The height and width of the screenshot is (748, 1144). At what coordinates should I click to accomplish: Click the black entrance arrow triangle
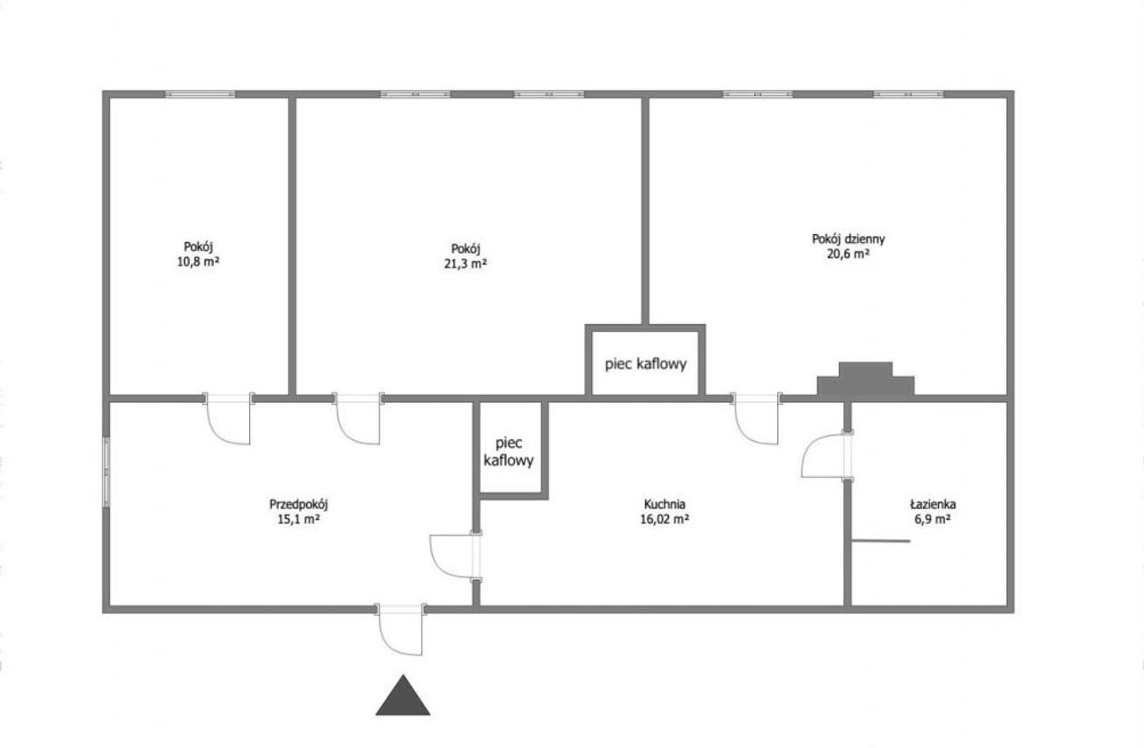[403, 695]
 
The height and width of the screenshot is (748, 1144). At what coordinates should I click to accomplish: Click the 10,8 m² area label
[198, 262]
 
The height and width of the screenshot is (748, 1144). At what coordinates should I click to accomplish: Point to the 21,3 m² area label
[466, 264]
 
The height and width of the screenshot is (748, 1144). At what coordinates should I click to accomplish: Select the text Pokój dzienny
[848, 239]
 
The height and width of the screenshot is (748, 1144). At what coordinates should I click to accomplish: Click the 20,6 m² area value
[848, 253]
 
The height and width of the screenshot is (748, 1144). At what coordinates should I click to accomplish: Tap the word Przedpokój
[299, 504]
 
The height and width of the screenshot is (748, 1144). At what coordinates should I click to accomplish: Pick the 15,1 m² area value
[299, 519]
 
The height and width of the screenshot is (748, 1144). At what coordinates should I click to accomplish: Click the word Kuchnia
[664, 504]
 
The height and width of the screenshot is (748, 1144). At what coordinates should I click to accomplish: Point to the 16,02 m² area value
[664, 519]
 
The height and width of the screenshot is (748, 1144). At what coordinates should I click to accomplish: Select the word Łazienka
[933, 504]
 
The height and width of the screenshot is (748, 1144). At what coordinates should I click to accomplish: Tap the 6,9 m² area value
[933, 519]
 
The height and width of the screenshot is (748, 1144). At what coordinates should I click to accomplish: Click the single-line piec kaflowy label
[646, 364]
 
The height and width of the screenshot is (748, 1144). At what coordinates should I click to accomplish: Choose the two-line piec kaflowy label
[509, 451]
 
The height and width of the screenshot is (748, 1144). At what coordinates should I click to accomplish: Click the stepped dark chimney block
[866, 378]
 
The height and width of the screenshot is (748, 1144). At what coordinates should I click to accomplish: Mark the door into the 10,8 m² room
[228, 419]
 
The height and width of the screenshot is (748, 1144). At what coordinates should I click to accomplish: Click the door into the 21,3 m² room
[358, 419]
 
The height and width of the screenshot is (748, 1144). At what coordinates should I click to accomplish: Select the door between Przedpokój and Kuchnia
[456, 556]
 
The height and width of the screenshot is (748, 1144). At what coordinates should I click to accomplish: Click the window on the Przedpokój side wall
[106, 472]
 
